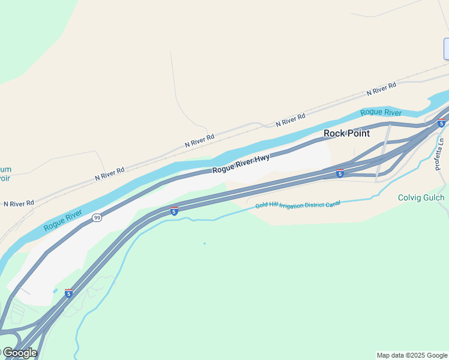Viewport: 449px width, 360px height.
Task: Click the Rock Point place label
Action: (346, 133)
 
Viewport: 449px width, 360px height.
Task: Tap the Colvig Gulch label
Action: (421, 197)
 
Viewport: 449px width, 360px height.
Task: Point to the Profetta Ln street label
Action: (441, 154)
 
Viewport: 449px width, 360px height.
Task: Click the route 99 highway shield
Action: (97, 218)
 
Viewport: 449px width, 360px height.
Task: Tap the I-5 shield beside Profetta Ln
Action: (441, 124)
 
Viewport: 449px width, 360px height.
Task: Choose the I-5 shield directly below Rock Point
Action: (340, 173)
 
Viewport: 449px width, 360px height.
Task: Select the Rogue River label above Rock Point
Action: (381, 112)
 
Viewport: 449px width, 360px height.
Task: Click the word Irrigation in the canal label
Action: (294, 205)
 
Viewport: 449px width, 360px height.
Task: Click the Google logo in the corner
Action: (19, 353)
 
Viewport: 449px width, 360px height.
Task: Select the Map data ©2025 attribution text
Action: (412, 355)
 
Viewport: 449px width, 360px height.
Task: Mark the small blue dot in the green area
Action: (205, 244)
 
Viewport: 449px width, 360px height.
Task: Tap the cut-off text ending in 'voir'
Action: (5, 178)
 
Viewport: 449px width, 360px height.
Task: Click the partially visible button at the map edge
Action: (446, 49)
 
